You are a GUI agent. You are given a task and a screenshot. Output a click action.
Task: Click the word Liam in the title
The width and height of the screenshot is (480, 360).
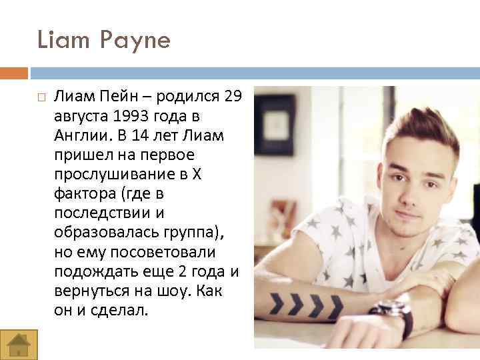coord(59,41)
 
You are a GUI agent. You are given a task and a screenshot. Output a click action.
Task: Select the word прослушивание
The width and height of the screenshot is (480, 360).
coord(107,174)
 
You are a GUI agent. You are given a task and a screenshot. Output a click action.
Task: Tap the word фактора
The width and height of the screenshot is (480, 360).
coord(78,193)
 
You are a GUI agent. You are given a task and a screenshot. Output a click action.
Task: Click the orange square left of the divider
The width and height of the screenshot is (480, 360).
coord(14,73)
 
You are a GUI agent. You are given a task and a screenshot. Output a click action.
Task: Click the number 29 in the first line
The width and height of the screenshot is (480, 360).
coord(233,97)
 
